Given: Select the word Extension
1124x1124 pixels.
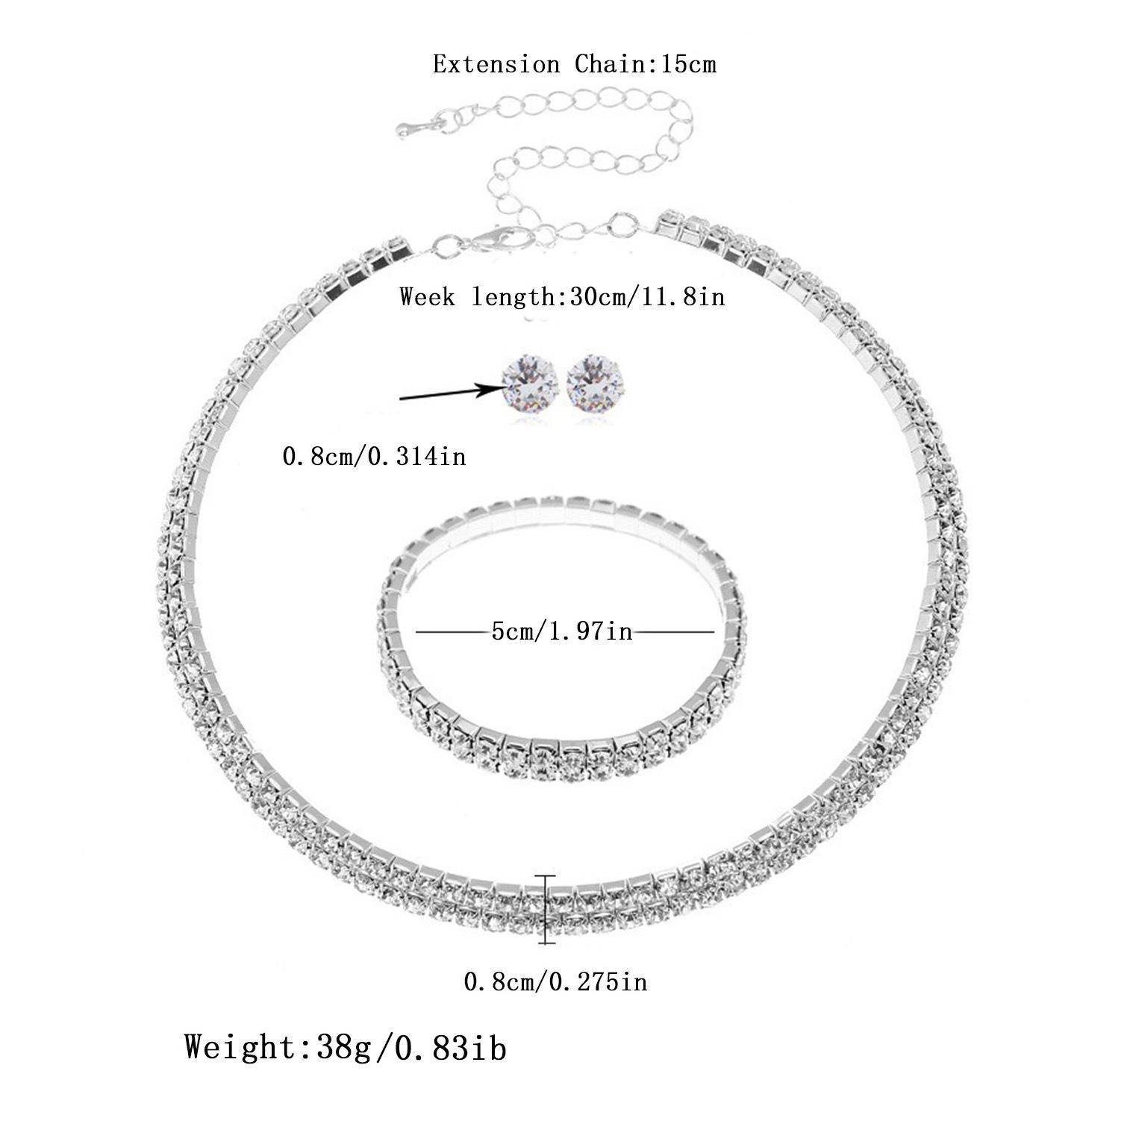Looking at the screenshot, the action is click(x=496, y=64).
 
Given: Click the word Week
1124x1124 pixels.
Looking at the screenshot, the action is click(x=427, y=296).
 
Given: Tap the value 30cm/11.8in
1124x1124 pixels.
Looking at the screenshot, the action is click(x=646, y=296).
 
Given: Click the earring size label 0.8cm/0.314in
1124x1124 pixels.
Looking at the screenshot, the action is click(x=373, y=455).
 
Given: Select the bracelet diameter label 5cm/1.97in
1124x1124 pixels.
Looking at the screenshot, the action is click(x=562, y=632).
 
